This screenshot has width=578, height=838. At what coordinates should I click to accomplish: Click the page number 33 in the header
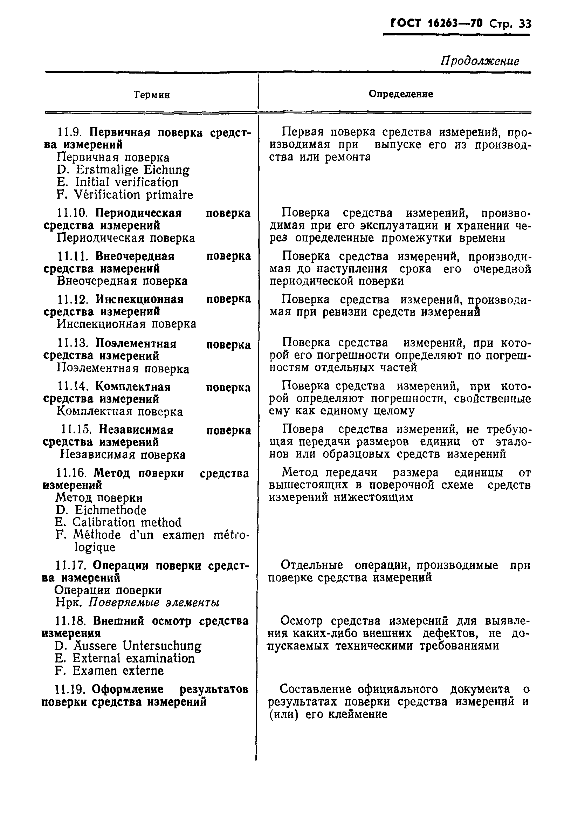[x=525, y=24]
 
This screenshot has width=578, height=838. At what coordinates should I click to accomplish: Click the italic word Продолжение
[x=480, y=61]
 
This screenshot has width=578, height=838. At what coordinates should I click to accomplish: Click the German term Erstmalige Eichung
[x=132, y=170]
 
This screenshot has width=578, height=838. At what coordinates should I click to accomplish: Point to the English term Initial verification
[x=126, y=182]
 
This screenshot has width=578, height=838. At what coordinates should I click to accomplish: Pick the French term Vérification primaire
[x=133, y=195]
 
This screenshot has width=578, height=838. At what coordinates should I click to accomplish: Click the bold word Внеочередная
[x=135, y=256]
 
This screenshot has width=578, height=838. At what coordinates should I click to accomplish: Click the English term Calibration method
[x=127, y=523]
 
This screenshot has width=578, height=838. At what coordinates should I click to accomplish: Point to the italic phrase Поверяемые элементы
[x=154, y=603]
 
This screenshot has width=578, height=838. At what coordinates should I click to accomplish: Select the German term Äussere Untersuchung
[x=137, y=646]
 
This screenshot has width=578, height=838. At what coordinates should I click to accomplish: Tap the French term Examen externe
[x=118, y=671]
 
